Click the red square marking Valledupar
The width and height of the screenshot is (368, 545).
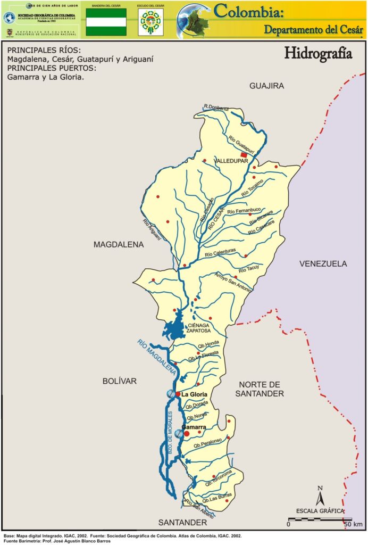[x=244, y=155]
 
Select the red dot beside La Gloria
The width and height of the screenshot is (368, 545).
[x=178, y=394]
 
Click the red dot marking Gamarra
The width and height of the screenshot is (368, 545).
[x=187, y=434]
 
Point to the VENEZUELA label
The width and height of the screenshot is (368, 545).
[x=323, y=263]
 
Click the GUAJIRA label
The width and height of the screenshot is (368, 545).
[x=267, y=85]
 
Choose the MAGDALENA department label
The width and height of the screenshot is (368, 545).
[x=119, y=245]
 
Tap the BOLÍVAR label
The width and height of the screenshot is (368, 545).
[x=120, y=381]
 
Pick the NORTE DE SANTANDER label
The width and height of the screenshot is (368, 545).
[x=261, y=389]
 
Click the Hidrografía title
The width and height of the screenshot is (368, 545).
[x=318, y=54]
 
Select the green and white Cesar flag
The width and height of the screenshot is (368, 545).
[x=106, y=22]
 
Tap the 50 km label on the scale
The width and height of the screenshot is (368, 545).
[x=353, y=524]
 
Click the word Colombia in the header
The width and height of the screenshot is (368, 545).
[x=253, y=10]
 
